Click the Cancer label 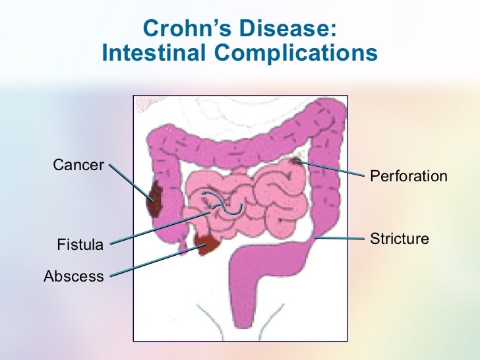(x=78, y=164)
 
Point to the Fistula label (x=80, y=245)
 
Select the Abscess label (x=73, y=276)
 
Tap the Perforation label (x=409, y=176)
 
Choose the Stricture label (x=400, y=238)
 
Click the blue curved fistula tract (x=224, y=204)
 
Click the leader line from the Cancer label (x=129, y=179)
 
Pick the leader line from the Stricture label (x=340, y=236)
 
